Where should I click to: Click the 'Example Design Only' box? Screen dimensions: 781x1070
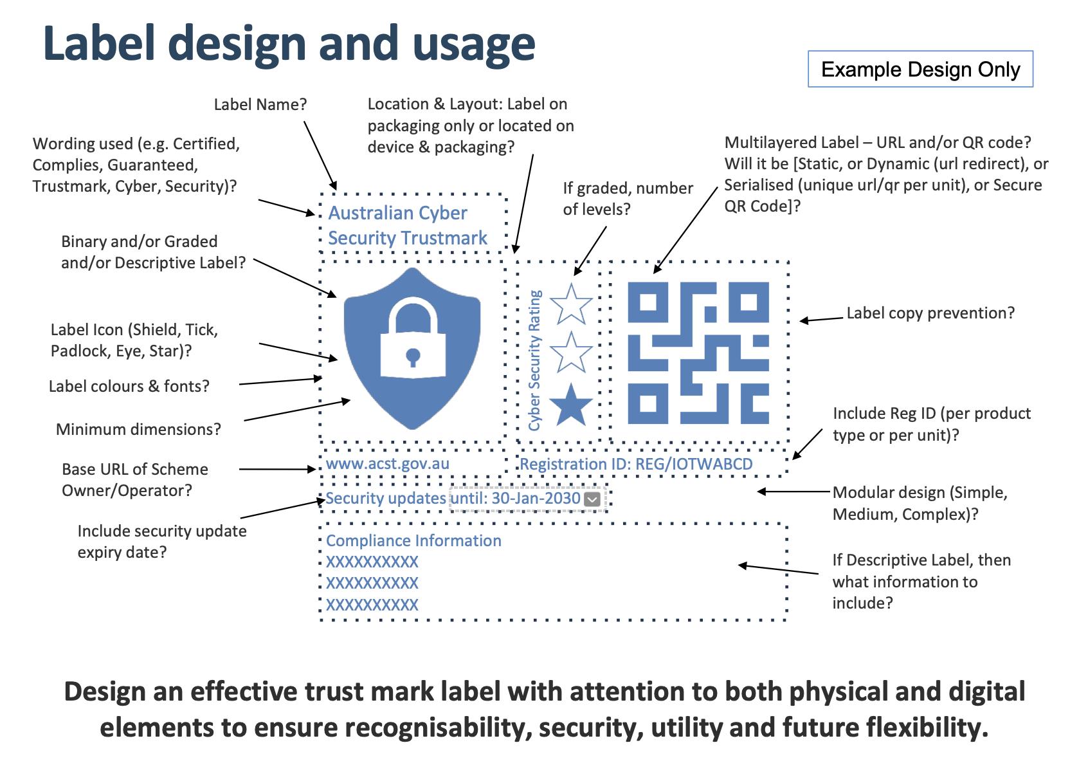[x=920, y=69]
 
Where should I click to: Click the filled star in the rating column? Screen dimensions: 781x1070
[x=570, y=406]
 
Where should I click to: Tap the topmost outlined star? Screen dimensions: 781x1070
[x=570, y=304]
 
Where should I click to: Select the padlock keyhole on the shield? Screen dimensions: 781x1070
[x=413, y=355]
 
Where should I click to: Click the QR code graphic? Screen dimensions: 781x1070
[x=698, y=353]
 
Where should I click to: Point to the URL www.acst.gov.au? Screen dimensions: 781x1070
[x=388, y=463]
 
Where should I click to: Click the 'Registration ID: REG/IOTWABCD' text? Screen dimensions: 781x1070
[x=636, y=464]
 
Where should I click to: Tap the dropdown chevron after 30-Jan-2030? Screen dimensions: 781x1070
[x=592, y=499]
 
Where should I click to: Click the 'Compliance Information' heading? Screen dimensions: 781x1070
[x=413, y=540]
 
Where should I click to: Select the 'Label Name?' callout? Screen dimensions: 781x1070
[x=260, y=104]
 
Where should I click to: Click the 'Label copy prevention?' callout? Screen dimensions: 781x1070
[x=930, y=313]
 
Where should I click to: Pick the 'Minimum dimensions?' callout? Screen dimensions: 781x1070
[x=138, y=429]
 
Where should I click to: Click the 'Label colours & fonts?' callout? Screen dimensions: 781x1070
[x=129, y=386]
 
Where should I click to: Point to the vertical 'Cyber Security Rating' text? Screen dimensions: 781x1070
[x=535, y=360]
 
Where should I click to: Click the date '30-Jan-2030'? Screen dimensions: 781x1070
[x=536, y=499]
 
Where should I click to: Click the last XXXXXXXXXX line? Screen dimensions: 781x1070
[x=372, y=605]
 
